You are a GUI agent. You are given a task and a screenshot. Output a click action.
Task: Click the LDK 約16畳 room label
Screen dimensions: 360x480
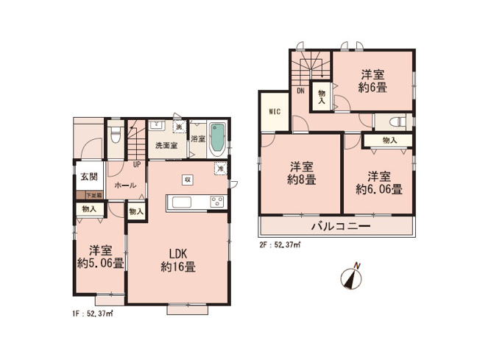pyautogui.click(x=180, y=261)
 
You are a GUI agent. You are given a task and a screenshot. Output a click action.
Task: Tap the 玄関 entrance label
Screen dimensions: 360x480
pyautogui.click(x=87, y=177)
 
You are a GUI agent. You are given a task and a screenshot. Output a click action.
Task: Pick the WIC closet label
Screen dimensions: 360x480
pyautogui.click(x=273, y=113)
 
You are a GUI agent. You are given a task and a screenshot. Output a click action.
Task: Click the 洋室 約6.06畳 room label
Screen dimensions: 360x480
pyautogui.click(x=378, y=182)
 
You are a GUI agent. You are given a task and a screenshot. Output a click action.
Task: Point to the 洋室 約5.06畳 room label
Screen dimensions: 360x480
pyautogui.click(x=100, y=255)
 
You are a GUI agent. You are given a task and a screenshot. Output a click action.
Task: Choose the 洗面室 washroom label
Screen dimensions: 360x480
pyautogui.click(x=166, y=145)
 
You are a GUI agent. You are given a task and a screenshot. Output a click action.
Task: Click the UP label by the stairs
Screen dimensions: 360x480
pyautogui.click(x=136, y=164)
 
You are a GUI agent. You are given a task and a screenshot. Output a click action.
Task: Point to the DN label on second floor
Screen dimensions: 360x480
pyautogui.click(x=300, y=91)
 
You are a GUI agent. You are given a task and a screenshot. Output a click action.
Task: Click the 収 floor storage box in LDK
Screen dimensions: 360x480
pyautogui.click(x=188, y=179)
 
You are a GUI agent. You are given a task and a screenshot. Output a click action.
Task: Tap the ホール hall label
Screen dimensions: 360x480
pyautogui.click(x=124, y=186)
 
